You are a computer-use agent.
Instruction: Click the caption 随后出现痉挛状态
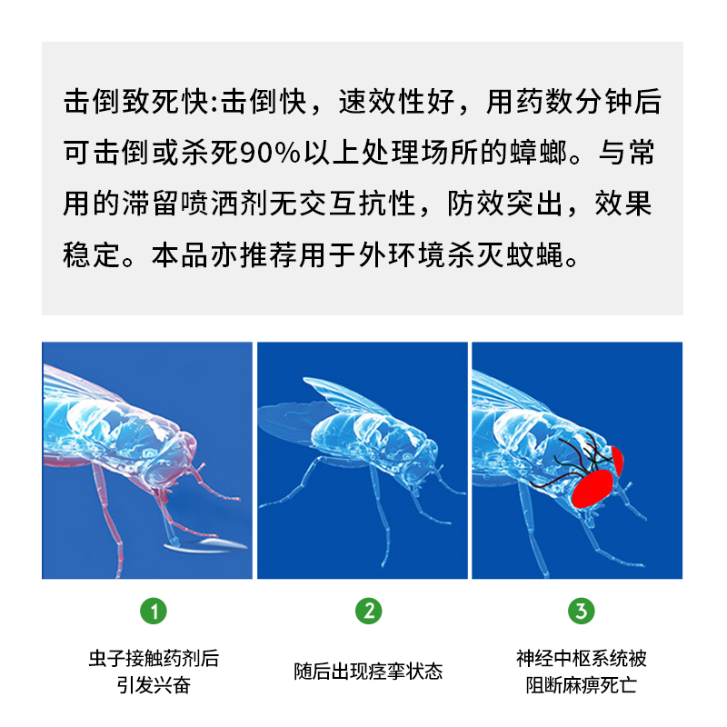click(368, 672)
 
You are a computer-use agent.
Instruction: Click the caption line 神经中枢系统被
click(582, 659)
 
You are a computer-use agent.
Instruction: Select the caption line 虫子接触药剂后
click(154, 659)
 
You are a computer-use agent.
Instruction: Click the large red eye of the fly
click(592, 488)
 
